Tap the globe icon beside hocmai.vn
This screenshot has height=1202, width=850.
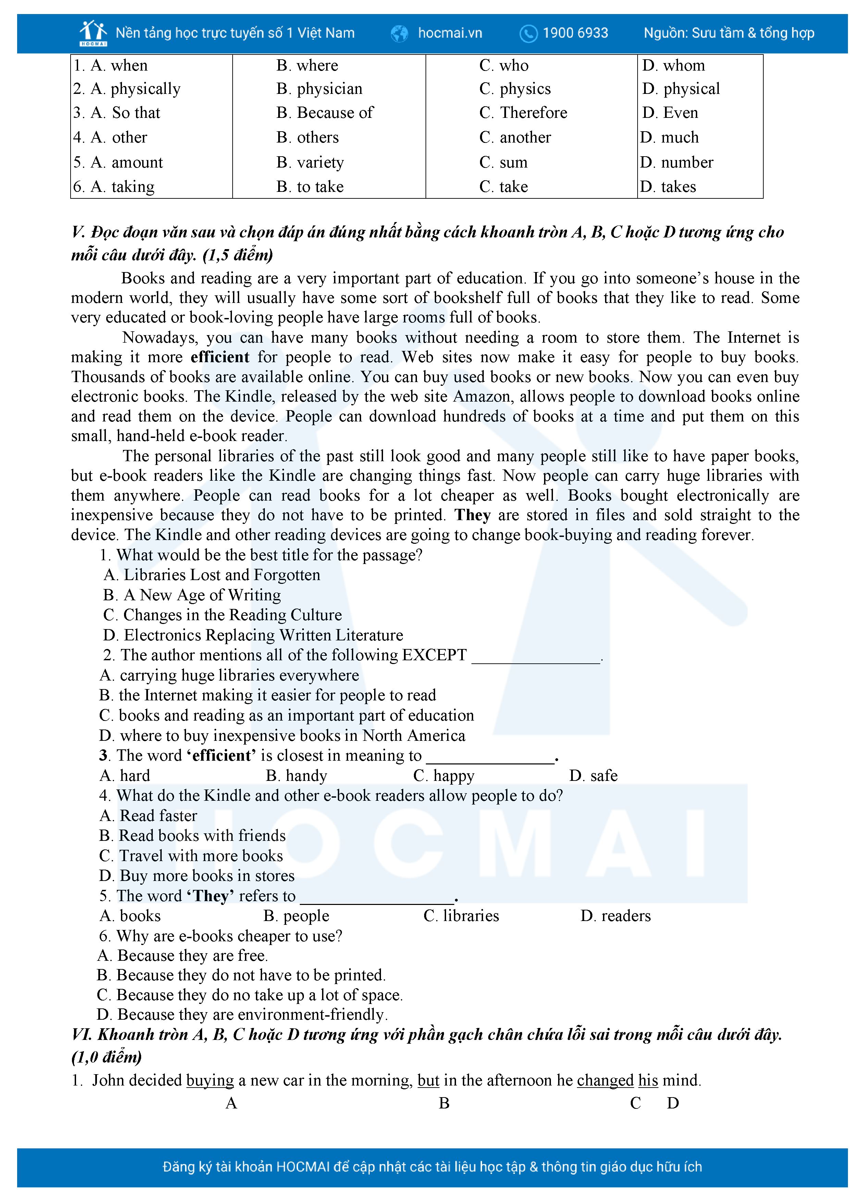click(x=399, y=34)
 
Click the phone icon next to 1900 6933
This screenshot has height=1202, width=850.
click(x=528, y=34)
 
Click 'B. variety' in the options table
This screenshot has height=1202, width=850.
click(x=310, y=162)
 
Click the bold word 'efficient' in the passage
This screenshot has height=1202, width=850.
click(x=220, y=357)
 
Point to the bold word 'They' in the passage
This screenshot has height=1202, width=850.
click(x=472, y=515)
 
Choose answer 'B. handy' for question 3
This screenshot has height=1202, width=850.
click(x=296, y=775)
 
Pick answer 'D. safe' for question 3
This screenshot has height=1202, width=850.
click(x=593, y=775)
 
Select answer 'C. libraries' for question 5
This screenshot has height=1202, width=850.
click(x=461, y=916)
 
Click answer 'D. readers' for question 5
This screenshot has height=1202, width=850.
click(x=616, y=916)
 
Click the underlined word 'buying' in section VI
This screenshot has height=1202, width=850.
click(x=210, y=1080)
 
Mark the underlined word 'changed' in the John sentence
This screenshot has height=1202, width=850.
click(x=605, y=1080)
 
